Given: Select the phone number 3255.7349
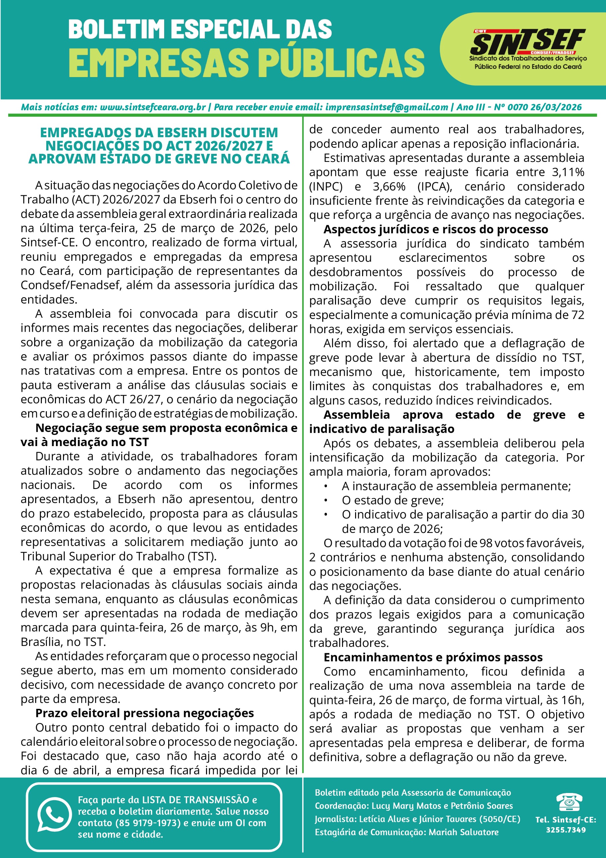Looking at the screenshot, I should tap(566, 830).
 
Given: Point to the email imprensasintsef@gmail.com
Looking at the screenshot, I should tap(386, 107).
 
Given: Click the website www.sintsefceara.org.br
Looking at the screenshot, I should tap(153, 107).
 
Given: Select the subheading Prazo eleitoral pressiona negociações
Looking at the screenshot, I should tap(145, 713).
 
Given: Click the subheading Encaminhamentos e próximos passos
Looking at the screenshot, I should tap(433, 657).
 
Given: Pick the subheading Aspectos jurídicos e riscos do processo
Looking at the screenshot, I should tap(435, 229).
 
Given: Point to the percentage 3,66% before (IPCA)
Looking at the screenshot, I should tap(389, 186).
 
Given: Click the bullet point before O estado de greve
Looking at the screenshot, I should tap(326, 500).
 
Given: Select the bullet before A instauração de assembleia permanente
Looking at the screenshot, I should tap(326, 486).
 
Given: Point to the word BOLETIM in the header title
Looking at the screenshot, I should tap(117, 29).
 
